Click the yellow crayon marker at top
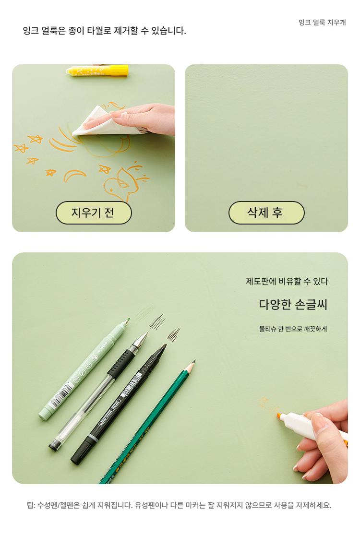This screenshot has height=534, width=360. point(97,71)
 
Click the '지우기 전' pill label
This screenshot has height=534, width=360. point(94,213)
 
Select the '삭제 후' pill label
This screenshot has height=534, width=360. point(266,213)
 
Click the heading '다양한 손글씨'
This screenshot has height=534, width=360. point(293,304)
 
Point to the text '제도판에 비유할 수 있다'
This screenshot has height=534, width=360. point(287,281)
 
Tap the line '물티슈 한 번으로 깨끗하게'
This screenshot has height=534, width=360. point(293,329)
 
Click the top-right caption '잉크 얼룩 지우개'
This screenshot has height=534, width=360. point(322,23)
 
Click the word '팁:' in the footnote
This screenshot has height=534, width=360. point(31,505)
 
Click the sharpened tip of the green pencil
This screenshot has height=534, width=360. point(193,361)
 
